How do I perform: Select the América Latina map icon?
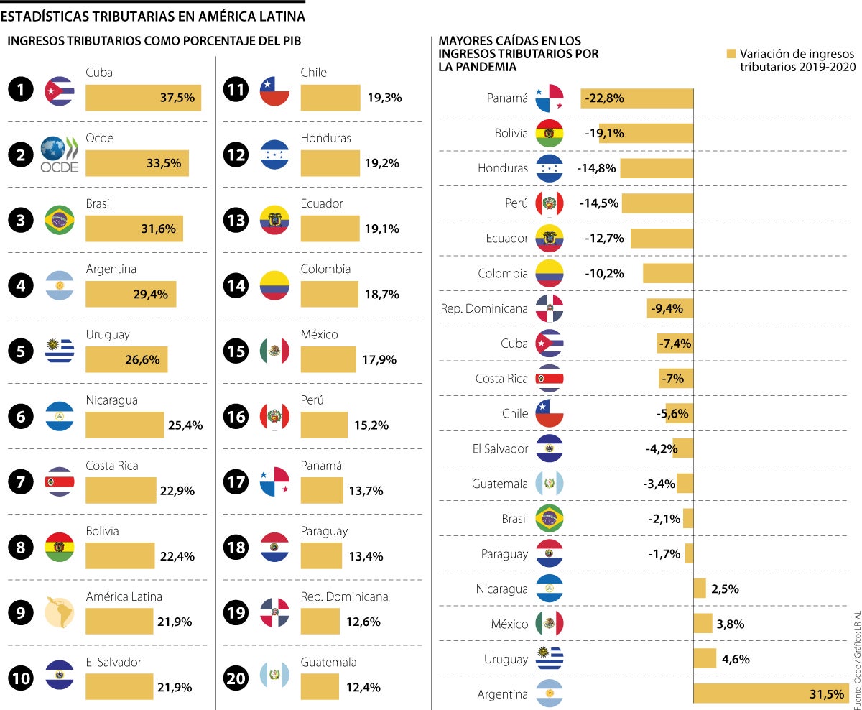[x=59, y=613]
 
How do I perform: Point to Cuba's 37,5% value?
[x=177, y=98]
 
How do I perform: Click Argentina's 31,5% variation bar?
[x=770, y=693]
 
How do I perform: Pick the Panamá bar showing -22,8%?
[x=636, y=98]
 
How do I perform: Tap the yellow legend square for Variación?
[x=731, y=54]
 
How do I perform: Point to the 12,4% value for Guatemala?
[x=363, y=687]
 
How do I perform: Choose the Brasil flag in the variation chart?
[x=550, y=518]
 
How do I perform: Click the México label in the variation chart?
[x=509, y=624]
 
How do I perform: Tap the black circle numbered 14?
[x=236, y=285]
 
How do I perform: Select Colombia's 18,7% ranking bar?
[x=329, y=294]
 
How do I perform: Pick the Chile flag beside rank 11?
[x=274, y=90]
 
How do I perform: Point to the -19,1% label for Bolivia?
[x=603, y=133]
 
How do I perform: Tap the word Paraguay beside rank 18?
[x=324, y=531]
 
